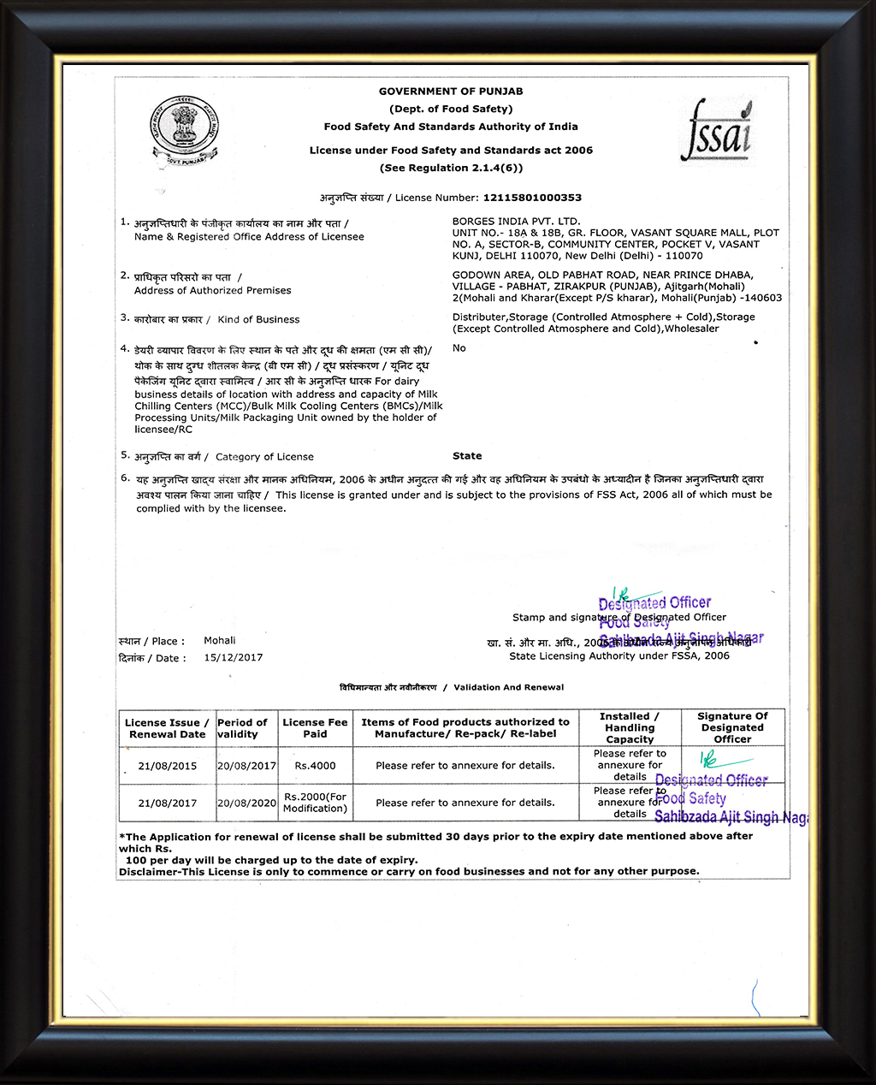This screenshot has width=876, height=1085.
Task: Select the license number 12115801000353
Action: pyautogui.click(x=532, y=198)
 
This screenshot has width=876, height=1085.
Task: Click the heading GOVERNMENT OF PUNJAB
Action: pyautogui.click(x=451, y=92)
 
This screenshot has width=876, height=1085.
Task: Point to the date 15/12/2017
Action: pyautogui.click(x=234, y=658)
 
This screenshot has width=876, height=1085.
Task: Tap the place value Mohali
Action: pyautogui.click(x=220, y=641)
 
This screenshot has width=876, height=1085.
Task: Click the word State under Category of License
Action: pyautogui.click(x=467, y=456)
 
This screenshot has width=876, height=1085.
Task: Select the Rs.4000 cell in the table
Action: pyautogui.click(x=315, y=766)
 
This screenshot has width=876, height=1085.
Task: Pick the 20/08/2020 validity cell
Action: pyautogui.click(x=246, y=803)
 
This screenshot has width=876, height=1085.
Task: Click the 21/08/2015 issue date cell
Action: pyautogui.click(x=168, y=766)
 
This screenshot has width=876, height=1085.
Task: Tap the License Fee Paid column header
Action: pyautogui.click(x=315, y=728)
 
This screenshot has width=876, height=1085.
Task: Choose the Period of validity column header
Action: pyautogui.click(x=242, y=728)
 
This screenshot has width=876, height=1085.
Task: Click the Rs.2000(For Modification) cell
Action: pyautogui.click(x=315, y=803)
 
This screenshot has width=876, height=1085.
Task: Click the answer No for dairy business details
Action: pyautogui.click(x=459, y=348)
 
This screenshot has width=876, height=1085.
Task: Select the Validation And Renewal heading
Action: pyautogui.click(x=508, y=687)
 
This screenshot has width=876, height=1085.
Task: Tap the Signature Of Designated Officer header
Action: pyautogui.click(x=732, y=727)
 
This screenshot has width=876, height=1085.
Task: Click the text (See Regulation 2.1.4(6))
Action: pyautogui.click(x=451, y=169)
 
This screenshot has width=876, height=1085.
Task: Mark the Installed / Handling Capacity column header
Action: pyautogui.click(x=630, y=727)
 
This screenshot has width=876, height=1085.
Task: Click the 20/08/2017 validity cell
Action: pyautogui.click(x=246, y=766)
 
